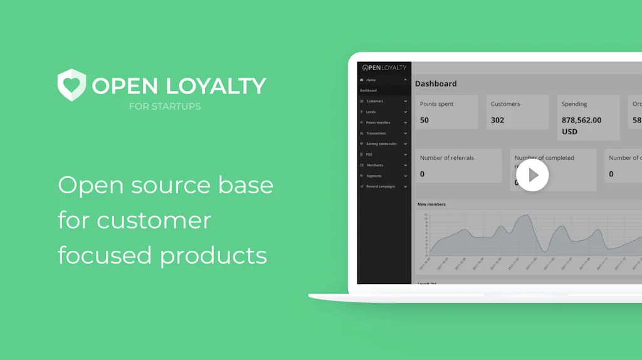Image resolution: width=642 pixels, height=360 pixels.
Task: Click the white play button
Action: pos(532,175)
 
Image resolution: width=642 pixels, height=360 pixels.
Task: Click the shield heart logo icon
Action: pos(71,85)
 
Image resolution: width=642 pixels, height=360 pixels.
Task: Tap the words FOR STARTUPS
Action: pos(165,107)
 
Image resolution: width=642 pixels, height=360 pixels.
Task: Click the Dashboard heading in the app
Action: pos(436,83)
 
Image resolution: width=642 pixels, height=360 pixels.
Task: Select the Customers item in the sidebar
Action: pos(375,101)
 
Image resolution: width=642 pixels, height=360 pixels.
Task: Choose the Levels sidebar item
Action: pos(371,112)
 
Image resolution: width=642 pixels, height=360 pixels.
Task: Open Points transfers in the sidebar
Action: pos(378,122)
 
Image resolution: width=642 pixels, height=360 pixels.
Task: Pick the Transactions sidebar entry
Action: pos(376,133)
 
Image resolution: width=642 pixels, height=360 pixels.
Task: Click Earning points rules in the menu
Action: pos(381,144)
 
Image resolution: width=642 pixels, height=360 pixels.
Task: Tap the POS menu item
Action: pos(369,154)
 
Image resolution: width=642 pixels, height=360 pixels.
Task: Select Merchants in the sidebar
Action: pos(374,165)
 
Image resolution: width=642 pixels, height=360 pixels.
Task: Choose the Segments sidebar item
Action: pos(374,176)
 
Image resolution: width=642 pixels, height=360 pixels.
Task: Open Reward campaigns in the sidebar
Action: pos(381,186)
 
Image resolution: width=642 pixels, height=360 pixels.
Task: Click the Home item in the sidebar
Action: pos(371,80)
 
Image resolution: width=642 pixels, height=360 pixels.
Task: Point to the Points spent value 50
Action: pos(424,120)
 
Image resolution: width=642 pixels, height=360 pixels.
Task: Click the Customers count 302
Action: pos(497,120)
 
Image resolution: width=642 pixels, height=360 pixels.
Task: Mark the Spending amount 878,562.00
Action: pos(581,120)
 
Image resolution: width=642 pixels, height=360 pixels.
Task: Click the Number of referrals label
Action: pos(447,158)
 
